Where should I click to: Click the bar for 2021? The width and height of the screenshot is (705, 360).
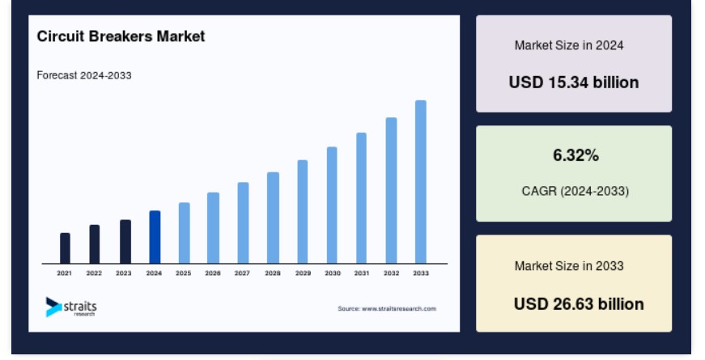[x=65, y=248]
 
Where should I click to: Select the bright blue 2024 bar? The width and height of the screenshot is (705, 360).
[x=155, y=237]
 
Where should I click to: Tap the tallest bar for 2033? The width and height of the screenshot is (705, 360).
[x=421, y=182]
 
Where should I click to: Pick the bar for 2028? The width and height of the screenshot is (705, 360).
[x=273, y=218]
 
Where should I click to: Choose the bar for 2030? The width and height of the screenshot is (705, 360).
[x=332, y=205]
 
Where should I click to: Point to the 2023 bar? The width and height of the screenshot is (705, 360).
[x=125, y=242]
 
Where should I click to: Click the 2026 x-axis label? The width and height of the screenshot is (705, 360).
[x=213, y=273]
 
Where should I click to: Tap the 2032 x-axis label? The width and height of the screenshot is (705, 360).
[x=391, y=273]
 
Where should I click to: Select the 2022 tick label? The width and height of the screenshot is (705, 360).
[x=94, y=273]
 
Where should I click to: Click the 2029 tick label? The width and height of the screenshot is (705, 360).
[x=303, y=273]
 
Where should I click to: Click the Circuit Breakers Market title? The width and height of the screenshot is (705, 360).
[x=121, y=36]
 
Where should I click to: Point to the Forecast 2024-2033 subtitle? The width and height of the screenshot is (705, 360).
[x=84, y=75]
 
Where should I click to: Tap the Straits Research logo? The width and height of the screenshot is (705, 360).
[x=71, y=307]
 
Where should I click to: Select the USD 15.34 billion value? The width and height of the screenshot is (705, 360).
[x=574, y=83]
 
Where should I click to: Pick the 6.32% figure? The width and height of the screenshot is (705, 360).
[x=575, y=155]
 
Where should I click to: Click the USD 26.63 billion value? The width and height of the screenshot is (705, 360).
[x=579, y=304]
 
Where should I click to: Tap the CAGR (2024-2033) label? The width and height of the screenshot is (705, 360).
[x=575, y=191]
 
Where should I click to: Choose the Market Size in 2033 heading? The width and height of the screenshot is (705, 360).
[x=569, y=265]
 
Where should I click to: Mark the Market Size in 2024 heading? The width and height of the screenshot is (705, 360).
[x=569, y=45]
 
